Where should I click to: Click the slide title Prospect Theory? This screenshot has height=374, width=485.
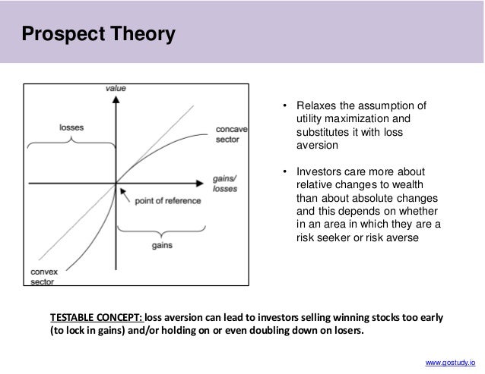[x=97, y=35]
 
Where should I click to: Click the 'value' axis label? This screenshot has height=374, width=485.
[x=116, y=89]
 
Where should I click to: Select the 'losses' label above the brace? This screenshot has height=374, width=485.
[x=72, y=128]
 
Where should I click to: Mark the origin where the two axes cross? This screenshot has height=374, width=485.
[x=116, y=183]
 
